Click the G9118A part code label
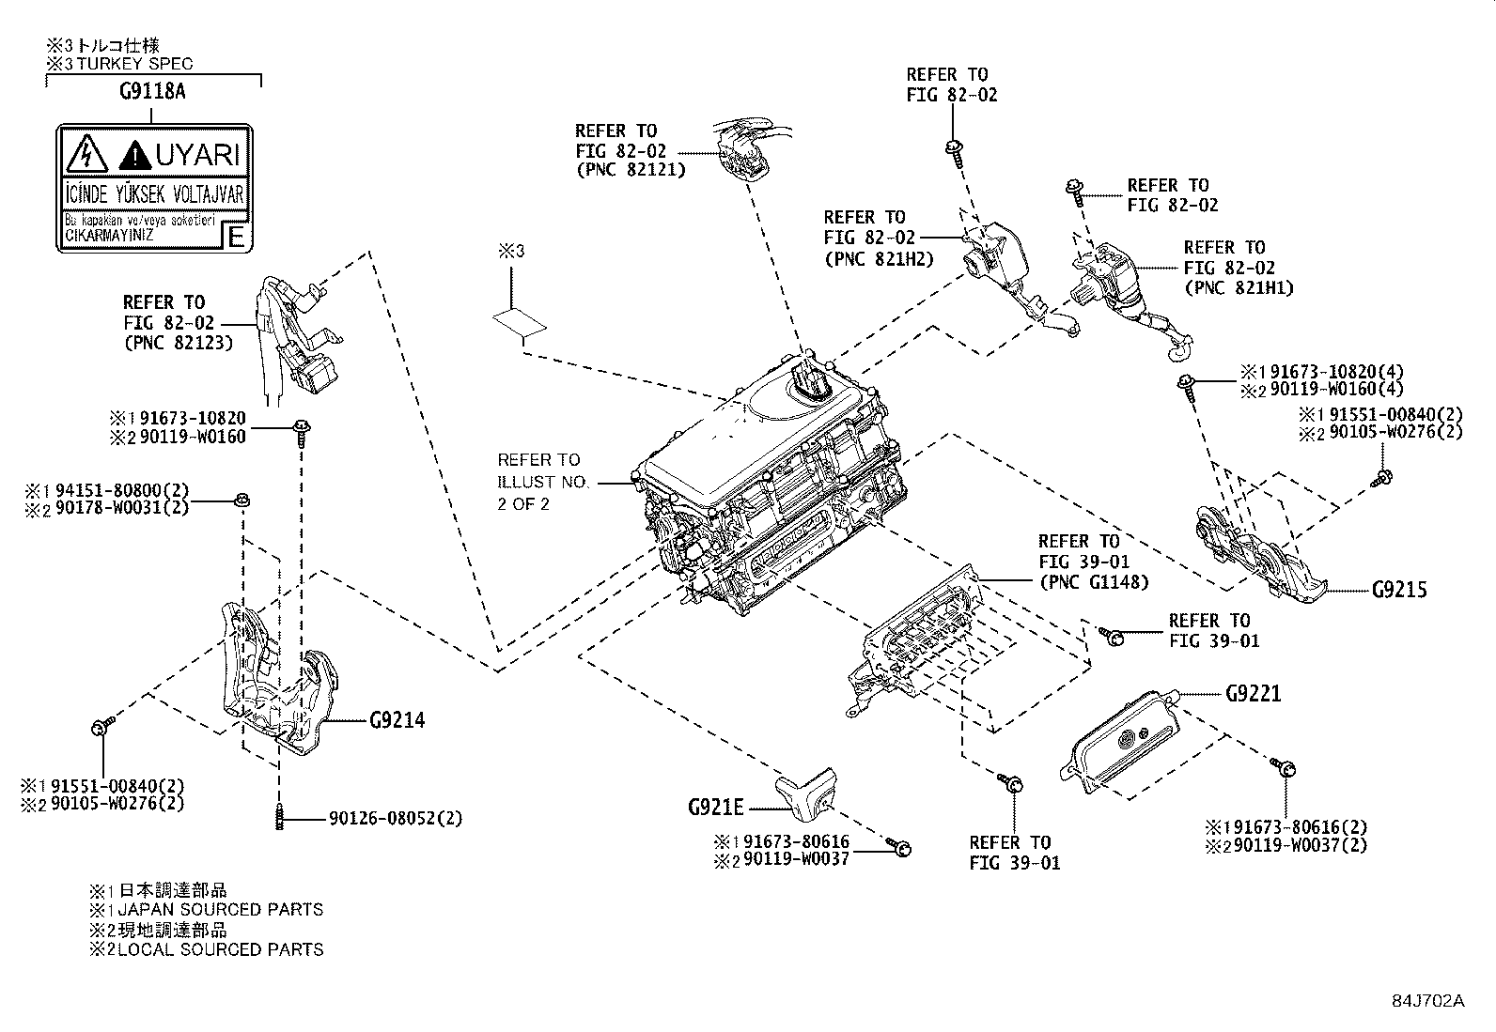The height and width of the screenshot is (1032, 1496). tap(151, 92)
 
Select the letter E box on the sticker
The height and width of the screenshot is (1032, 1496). tap(237, 236)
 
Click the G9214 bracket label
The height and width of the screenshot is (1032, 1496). tap(397, 720)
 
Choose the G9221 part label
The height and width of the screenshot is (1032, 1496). tap(1253, 694)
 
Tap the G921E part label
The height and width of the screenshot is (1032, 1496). tap(715, 807)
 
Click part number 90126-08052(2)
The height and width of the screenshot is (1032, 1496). tap(396, 819)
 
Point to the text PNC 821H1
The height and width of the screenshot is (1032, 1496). tap(1239, 287)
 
